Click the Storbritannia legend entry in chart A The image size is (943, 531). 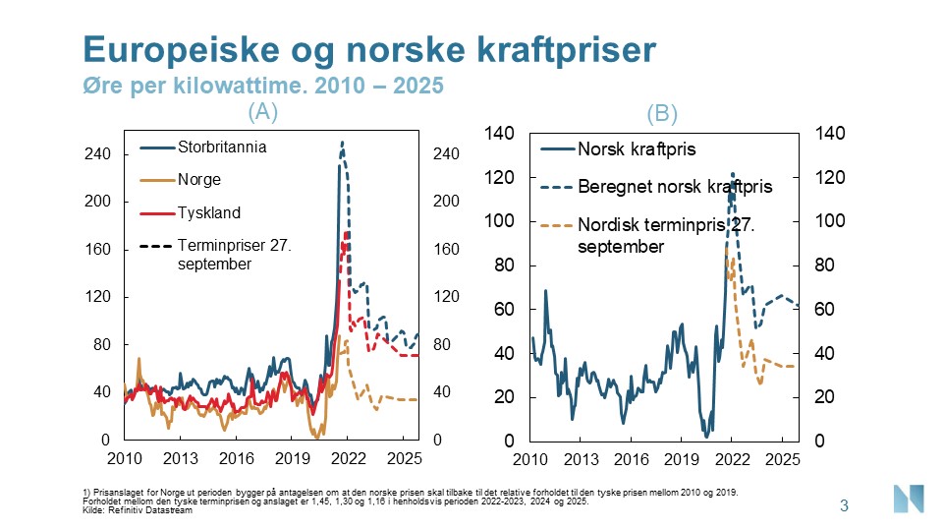pyautogui.click(x=222, y=148)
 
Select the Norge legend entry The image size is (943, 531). pyautogui.click(x=198, y=180)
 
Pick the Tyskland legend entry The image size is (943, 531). pyautogui.click(x=208, y=212)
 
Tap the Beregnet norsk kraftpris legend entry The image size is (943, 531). pyautogui.click(x=675, y=186)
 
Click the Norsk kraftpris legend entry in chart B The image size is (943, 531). pyautogui.click(x=638, y=149)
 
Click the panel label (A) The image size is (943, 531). pyautogui.click(x=262, y=111)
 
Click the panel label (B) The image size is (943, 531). pyautogui.click(x=662, y=113)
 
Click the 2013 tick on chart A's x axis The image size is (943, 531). pyautogui.click(x=181, y=458)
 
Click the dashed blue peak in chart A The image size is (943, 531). pyautogui.click(x=342, y=144)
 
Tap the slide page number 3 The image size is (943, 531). pyautogui.click(x=844, y=506)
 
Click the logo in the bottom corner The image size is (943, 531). pyautogui.click(x=909, y=499)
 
